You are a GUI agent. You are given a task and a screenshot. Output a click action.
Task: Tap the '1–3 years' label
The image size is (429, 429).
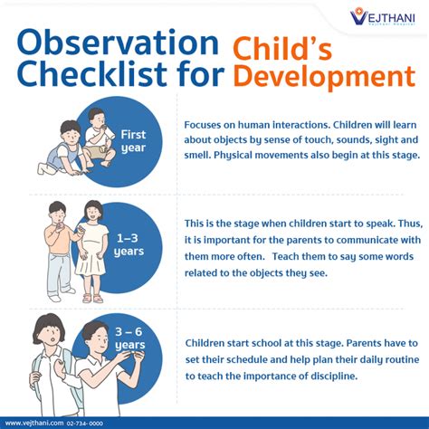129,243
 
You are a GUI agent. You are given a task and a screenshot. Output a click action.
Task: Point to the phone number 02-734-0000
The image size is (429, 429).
85,422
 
